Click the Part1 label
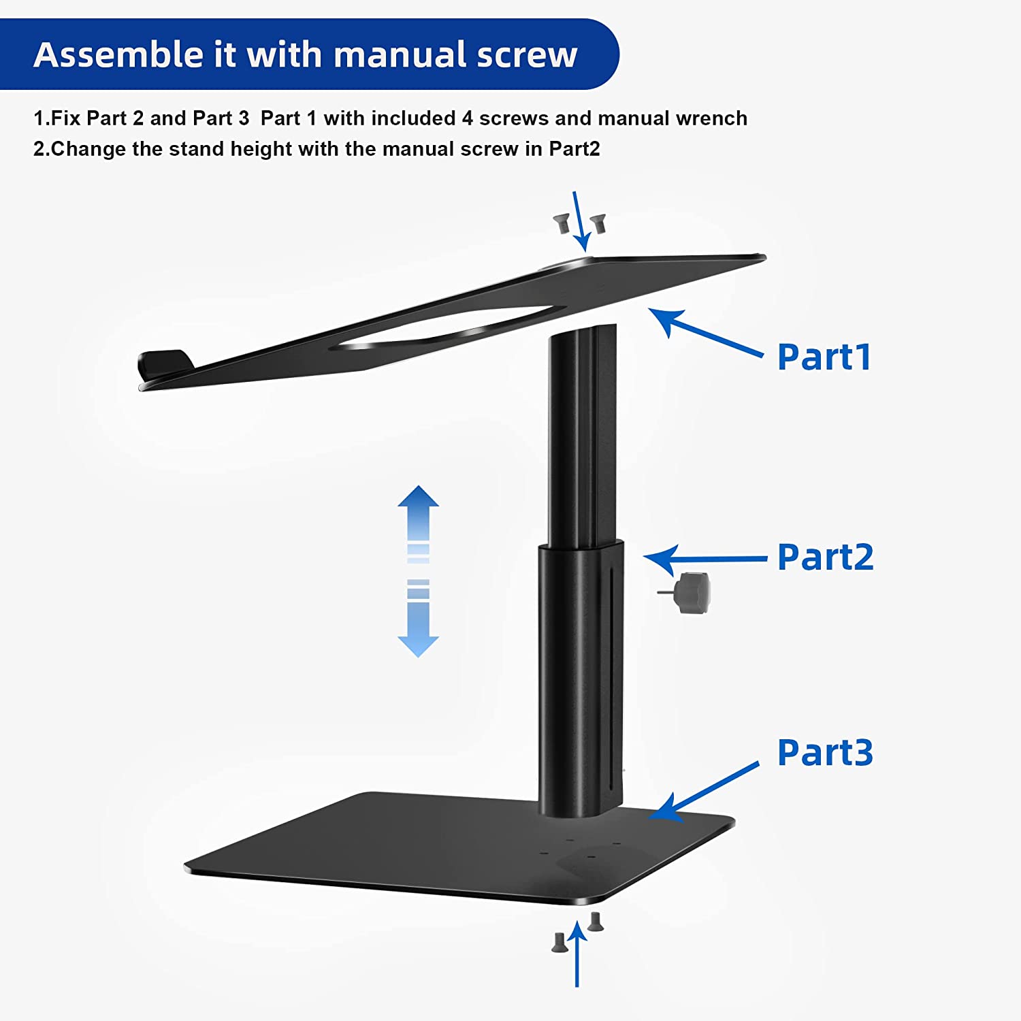[x=824, y=357]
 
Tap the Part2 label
[x=826, y=557]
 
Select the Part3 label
[x=826, y=753]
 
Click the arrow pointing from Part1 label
[x=704, y=333]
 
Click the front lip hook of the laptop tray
[x=163, y=365]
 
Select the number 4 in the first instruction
[x=467, y=118]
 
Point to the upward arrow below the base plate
[x=577, y=953]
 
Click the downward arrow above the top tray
[x=581, y=221]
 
